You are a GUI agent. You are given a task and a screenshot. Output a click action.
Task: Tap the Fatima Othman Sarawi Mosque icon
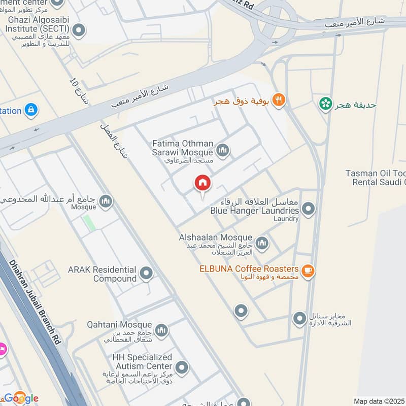tap(222, 150)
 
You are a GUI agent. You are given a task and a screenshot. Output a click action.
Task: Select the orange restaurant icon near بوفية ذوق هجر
tap(278, 100)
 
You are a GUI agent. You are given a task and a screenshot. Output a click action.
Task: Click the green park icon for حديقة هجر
tap(325, 104)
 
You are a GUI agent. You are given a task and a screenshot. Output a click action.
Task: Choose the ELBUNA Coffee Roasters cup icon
tap(308, 272)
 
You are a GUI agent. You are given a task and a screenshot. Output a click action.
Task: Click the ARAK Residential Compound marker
tap(146, 274)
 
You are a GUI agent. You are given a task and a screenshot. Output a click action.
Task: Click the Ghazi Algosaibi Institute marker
tap(78, 31)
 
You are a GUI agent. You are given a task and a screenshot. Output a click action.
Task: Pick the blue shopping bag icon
tap(31, 110)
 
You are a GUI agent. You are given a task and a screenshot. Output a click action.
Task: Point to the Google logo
tap(21, 398)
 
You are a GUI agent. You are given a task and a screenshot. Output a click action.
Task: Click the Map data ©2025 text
tap(379, 401)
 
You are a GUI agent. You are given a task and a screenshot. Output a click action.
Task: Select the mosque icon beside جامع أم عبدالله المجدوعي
tap(106, 201)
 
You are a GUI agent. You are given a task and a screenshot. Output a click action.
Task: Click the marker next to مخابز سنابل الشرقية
tap(299, 319)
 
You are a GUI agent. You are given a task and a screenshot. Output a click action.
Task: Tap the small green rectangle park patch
tap(89, 223)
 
